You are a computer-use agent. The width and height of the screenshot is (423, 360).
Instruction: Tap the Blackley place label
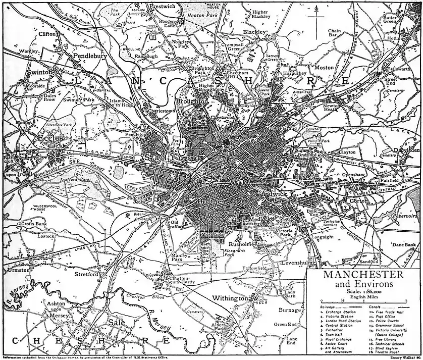[x=254, y=32]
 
